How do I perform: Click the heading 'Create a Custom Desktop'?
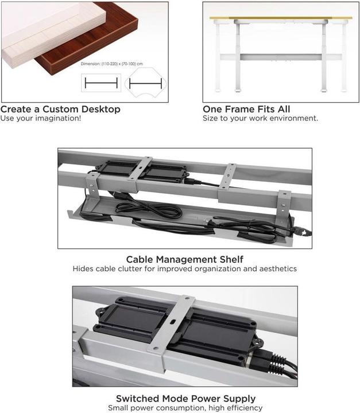click(60, 109)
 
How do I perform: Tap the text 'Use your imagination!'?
click(40, 119)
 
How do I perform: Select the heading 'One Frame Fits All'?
click(246, 109)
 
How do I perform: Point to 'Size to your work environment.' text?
click(260, 119)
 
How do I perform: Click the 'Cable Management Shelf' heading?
click(184, 260)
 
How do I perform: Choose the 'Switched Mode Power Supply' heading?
click(185, 398)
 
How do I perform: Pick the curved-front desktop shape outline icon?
click(146, 84)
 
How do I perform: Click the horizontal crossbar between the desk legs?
click(280, 57)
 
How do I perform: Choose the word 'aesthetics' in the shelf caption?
click(277, 268)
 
